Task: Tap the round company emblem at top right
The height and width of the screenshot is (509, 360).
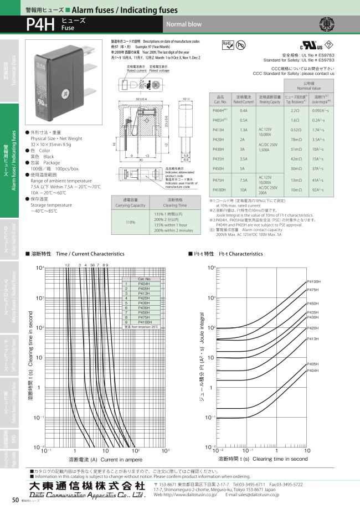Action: pyautogui.click(x=327, y=24)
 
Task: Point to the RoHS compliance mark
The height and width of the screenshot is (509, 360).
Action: pyautogui.click(x=228, y=45)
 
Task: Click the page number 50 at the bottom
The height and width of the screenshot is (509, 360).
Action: pyautogui.click(x=15, y=501)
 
